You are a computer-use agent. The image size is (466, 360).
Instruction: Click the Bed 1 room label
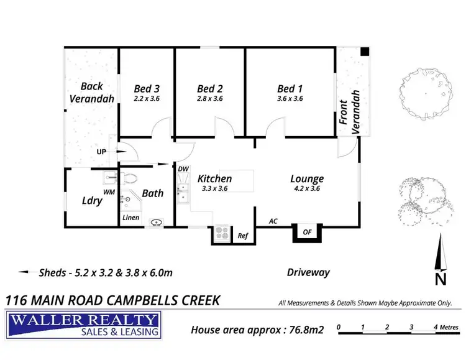tap(290, 89)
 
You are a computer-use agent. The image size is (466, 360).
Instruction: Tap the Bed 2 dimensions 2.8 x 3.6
tap(210, 98)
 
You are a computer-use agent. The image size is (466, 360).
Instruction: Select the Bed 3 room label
tap(147, 89)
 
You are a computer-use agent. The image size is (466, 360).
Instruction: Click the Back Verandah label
tap(92, 93)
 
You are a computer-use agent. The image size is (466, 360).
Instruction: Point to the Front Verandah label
tap(350, 112)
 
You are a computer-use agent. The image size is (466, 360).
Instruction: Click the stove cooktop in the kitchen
tap(222, 233)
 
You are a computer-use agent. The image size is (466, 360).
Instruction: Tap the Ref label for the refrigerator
tap(243, 236)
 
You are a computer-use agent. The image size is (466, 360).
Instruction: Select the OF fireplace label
tap(308, 232)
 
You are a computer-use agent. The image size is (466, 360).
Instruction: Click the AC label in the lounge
tap(273, 221)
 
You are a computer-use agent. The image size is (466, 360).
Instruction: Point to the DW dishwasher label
tap(183, 168)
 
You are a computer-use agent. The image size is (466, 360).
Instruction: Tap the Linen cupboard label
tap(130, 218)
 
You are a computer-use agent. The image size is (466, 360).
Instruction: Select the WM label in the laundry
tap(109, 192)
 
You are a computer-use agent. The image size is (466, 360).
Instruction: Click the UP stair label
tap(101, 152)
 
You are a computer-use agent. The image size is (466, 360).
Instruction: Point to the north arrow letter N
tap(441, 279)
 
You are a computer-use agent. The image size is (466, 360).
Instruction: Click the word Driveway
tap(308, 272)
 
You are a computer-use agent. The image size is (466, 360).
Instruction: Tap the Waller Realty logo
tap(83, 325)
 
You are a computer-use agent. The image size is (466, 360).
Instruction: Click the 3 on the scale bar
tap(411, 327)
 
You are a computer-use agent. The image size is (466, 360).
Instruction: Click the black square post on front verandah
tap(365, 52)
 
